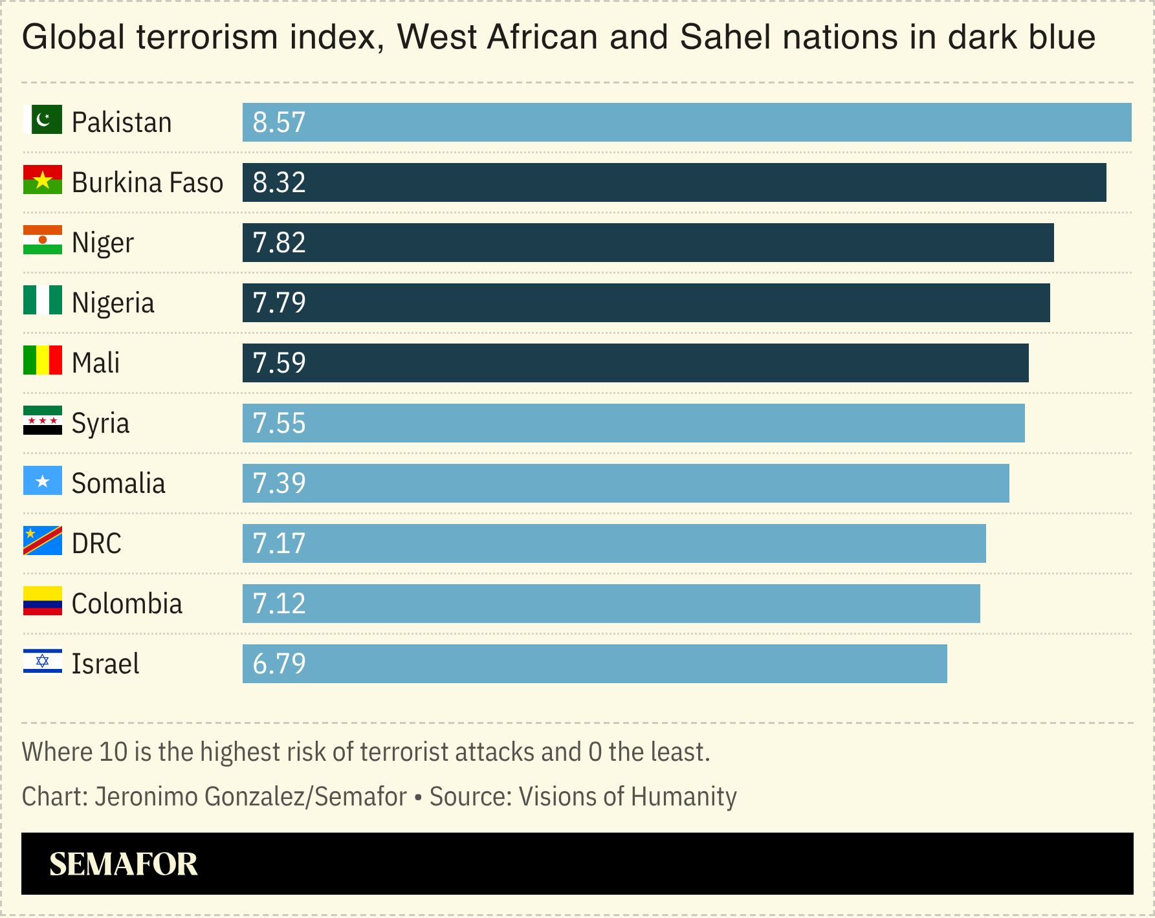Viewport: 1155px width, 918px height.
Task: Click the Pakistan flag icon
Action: pos(43,120)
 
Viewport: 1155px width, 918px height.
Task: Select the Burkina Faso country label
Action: pos(147,183)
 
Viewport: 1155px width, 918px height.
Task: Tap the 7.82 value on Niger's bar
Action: pos(279,243)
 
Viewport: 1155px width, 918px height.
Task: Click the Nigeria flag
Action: pos(43,300)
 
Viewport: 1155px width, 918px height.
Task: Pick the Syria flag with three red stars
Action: pos(43,421)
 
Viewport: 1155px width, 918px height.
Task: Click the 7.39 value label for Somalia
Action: pos(279,484)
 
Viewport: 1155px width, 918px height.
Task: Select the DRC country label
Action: pos(96,544)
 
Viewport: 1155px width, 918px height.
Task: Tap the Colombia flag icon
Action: pos(43,601)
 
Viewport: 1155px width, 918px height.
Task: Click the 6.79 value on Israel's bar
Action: pos(279,664)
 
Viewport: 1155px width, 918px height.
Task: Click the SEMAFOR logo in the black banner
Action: pos(123,864)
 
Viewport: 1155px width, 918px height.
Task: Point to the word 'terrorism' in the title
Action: pos(207,37)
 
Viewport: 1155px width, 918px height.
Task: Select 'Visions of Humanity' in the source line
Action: pos(628,797)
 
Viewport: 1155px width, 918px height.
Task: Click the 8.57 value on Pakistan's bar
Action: pos(279,123)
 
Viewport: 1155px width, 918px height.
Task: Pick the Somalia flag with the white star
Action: pos(43,481)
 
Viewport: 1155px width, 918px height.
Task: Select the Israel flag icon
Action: pos(43,661)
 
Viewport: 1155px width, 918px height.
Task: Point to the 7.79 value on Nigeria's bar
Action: pos(279,303)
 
